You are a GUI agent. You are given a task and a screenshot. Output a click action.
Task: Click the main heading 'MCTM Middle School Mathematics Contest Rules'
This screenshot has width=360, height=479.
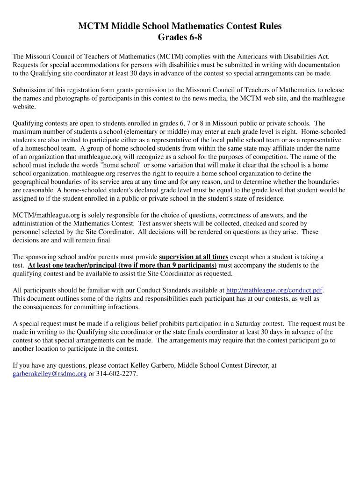click(x=180, y=26)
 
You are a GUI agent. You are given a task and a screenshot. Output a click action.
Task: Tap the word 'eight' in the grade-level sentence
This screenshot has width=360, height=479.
click(x=288, y=132)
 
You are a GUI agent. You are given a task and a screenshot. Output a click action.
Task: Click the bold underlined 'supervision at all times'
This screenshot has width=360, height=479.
click(x=194, y=257)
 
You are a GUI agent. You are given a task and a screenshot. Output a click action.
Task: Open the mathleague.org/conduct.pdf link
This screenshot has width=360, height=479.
click(x=274, y=290)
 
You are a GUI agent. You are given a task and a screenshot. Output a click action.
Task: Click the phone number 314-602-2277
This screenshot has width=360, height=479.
click(x=116, y=374)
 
